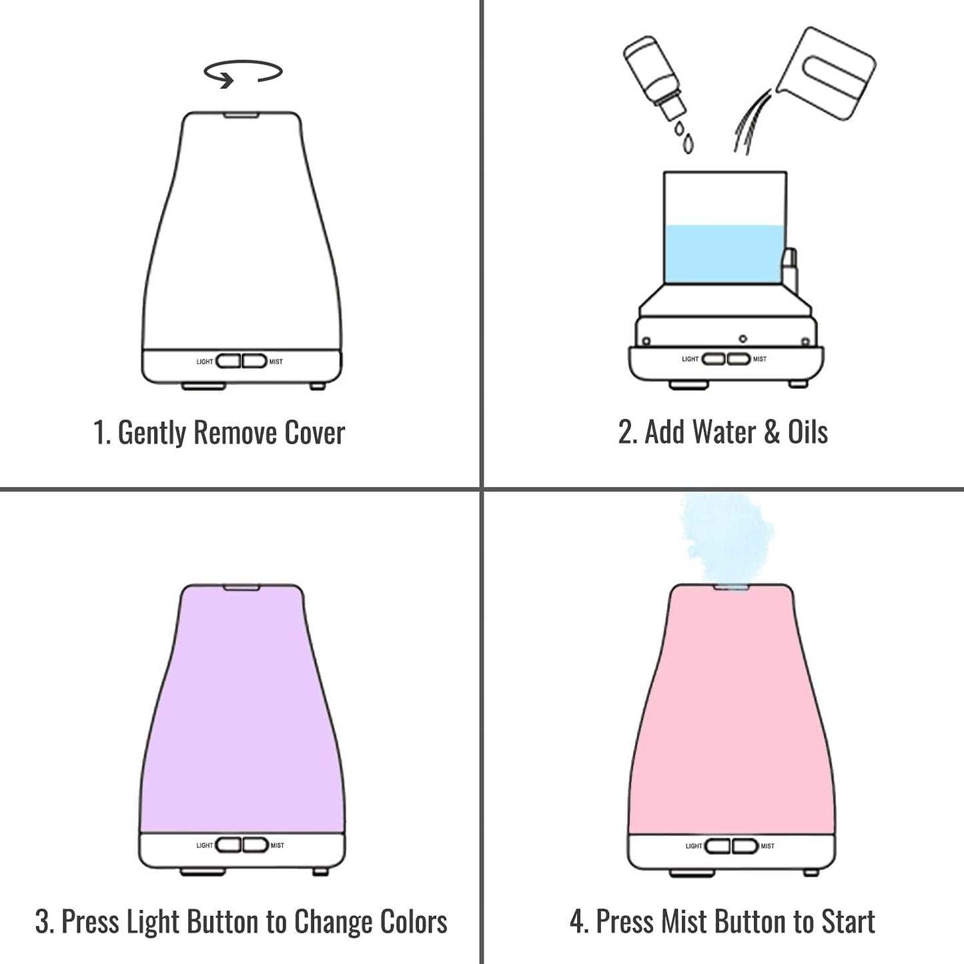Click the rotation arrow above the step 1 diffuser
click(x=243, y=73)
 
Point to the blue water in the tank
click(x=724, y=254)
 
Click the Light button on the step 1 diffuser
click(x=228, y=361)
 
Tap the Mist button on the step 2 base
click(x=739, y=359)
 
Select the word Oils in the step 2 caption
click(x=807, y=432)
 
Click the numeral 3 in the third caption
click(x=43, y=922)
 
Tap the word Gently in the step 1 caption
click(x=151, y=433)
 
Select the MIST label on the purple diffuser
click(x=278, y=845)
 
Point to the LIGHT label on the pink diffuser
click(x=693, y=846)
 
